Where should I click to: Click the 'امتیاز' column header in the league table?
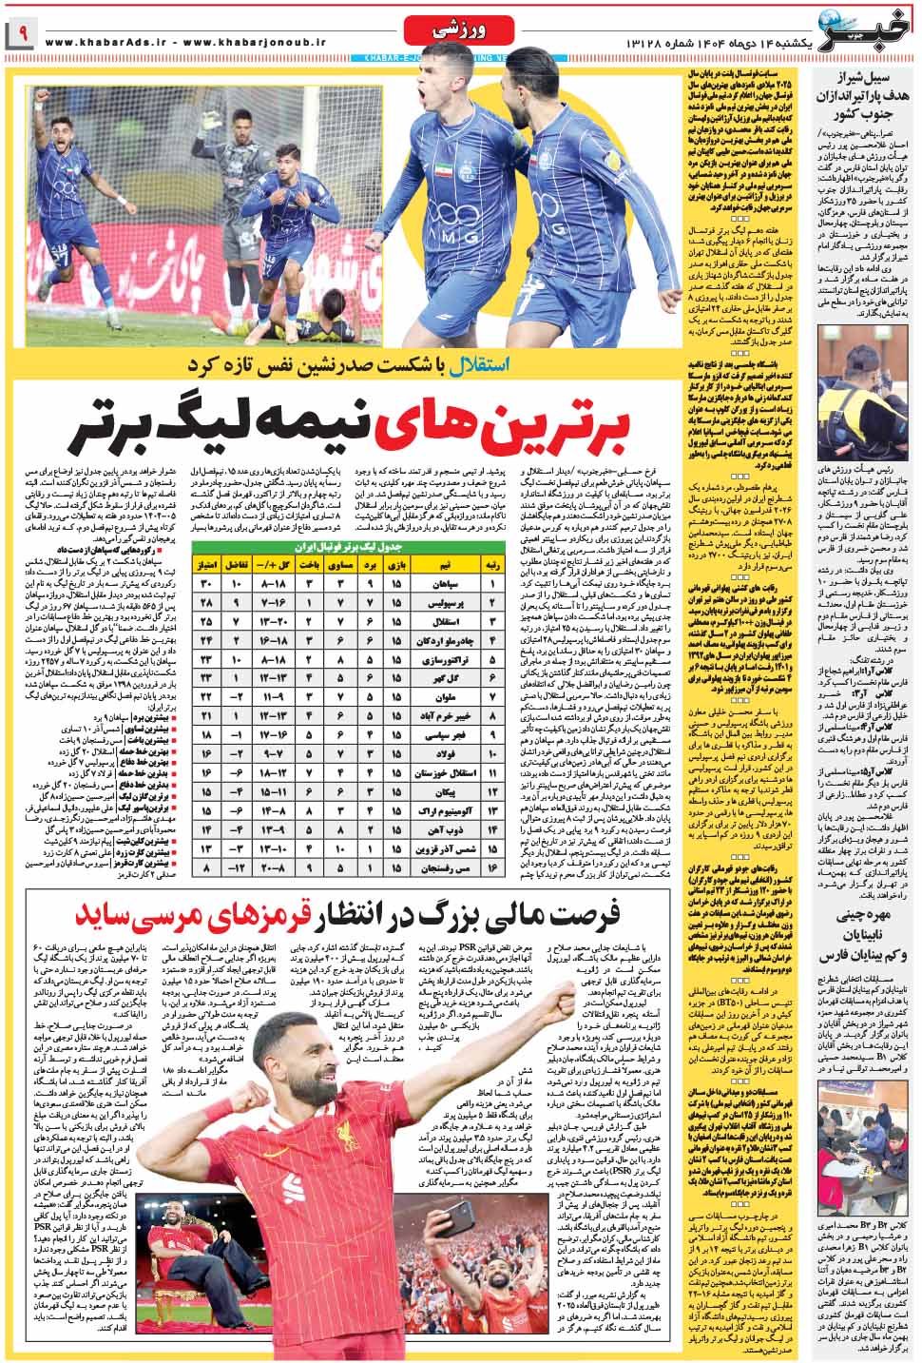[x=207, y=565]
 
